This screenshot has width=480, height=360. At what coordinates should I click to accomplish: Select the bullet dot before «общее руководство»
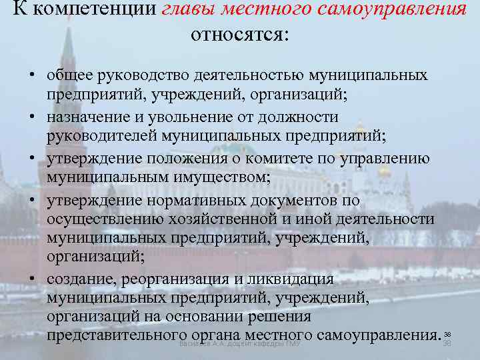point(32,75)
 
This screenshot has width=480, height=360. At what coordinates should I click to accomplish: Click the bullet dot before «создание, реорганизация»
point(32,279)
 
